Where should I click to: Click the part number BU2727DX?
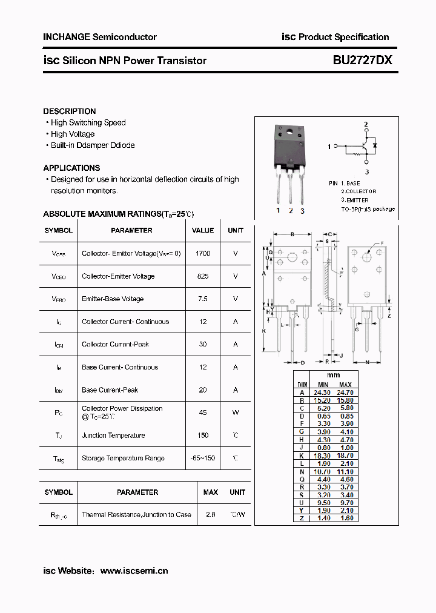click(362, 61)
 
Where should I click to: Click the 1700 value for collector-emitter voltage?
click(203, 253)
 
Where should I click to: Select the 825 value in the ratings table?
click(203, 276)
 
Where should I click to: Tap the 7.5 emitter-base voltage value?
click(203, 299)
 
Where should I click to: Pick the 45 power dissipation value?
click(203, 413)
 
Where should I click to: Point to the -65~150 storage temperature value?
click(203, 458)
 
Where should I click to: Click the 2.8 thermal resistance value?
click(211, 514)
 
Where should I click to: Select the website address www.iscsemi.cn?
click(134, 571)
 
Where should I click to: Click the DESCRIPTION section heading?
click(70, 111)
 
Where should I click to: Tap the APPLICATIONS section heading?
click(71, 168)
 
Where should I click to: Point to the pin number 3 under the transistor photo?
click(302, 211)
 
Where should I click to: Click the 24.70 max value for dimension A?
click(345, 393)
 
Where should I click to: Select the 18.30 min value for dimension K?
click(323, 455)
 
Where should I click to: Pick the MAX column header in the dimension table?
click(345, 385)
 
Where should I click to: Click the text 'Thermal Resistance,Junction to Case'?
click(136, 514)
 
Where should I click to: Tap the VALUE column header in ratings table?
click(203, 230)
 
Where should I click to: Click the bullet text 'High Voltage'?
click(73, 134)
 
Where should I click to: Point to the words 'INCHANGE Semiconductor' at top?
click(100, 37)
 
